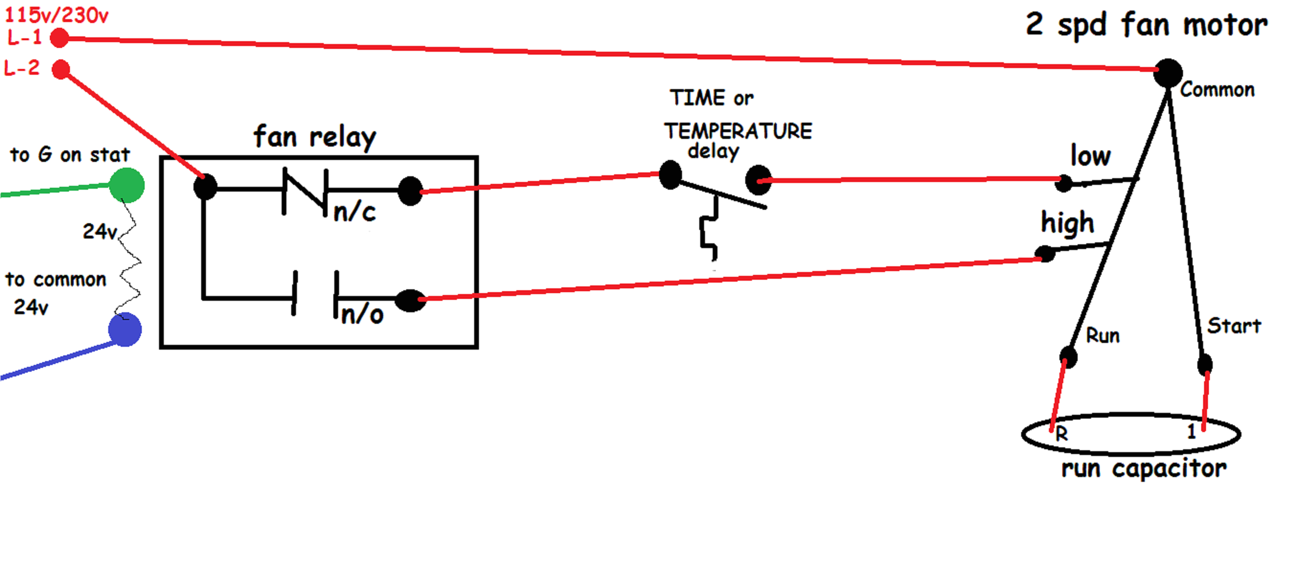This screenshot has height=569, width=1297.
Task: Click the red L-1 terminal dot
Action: pos(59,38)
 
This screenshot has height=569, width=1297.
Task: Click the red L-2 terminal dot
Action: pos(61,69)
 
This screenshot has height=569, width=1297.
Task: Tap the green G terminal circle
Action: pos(127,185)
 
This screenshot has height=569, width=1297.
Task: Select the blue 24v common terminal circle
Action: pos(125,330)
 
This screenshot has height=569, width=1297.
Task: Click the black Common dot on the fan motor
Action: pos(1168,73)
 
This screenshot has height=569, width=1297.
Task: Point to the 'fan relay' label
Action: pos(315,137)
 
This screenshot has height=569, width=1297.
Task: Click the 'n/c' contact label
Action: pos(354,212)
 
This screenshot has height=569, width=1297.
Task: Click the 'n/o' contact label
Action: pos(362,315)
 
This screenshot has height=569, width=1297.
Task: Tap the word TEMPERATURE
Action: pos(738,131)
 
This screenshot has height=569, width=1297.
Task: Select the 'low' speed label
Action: pos(1090,156)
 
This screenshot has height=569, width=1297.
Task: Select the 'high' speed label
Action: pos(1068,223)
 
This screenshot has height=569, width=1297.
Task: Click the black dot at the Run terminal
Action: pos(1068,356)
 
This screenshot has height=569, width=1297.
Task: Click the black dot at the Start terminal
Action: pos(1205,364)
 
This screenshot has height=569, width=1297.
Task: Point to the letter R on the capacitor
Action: pos(1061,433)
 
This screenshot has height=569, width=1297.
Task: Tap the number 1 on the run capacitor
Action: pos(1191,431)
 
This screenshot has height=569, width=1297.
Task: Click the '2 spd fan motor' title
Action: pos(1147,25)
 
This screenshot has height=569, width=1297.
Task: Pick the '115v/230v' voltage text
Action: pos(57,15)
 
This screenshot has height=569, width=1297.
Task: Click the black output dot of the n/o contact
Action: pos(410,301)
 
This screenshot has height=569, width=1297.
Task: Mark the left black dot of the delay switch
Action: pos(670,175)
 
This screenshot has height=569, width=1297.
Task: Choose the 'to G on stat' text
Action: pos(69,155)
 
